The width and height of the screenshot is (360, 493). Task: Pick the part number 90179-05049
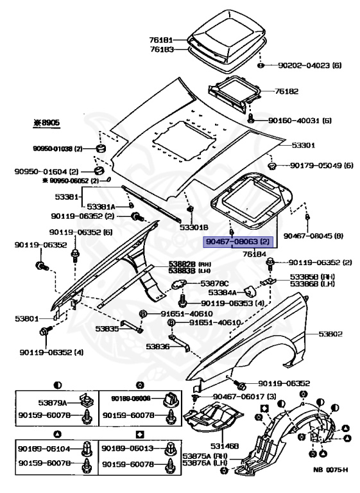[313, 166]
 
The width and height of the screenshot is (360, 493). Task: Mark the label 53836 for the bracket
[157, 346]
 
